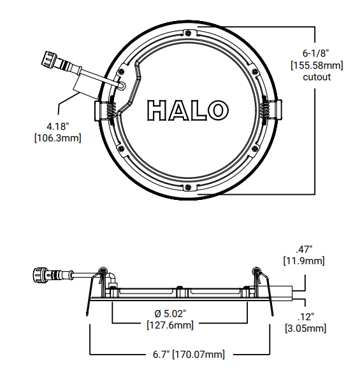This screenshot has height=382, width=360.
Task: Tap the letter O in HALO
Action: pyautogui.click(x=217, y=110)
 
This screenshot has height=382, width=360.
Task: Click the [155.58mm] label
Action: pyautogui.click(x=317, y=65)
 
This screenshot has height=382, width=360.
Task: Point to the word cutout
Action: pyautogui.click(x=316, y=77)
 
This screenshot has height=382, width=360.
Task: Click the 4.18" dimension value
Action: pyautogui.click(x=57, y=125)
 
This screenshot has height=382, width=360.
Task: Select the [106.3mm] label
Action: pyautogui.click(x=57, y=138)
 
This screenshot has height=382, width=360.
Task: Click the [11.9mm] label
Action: pyautogui.click(x=304, y=261)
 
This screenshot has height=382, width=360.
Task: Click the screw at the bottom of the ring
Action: pyautogui.click(x=189, y=187)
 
